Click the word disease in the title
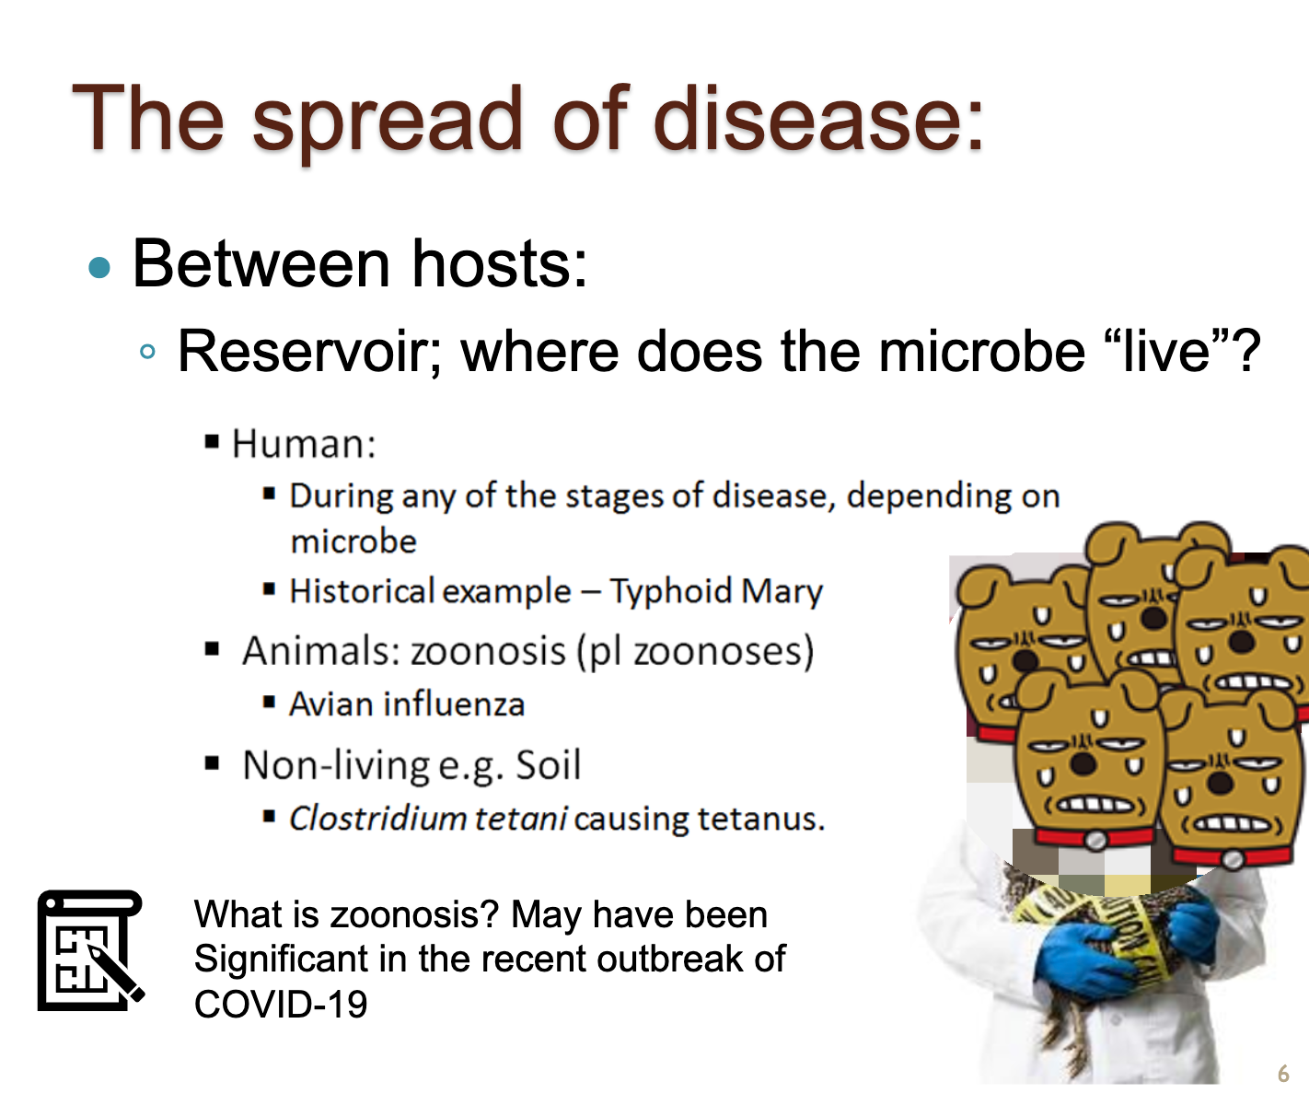point(818,118)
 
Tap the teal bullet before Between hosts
point(99,268)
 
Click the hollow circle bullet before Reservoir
point(147,351)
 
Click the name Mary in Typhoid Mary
point(782,592)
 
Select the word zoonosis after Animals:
point(489,651)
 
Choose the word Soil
point(549,765)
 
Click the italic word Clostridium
point(378,819)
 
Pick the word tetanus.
point(760,819)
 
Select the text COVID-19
point(280,1004)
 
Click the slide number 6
point(1283,1074)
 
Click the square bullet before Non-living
point(212,763)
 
